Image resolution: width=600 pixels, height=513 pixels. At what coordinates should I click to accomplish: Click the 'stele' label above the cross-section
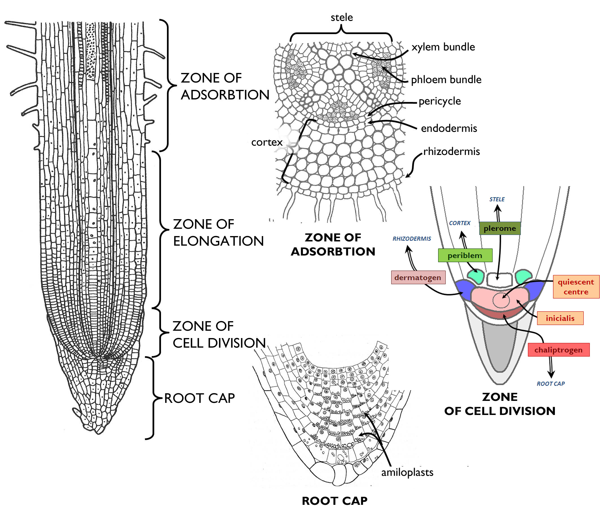(342, 18)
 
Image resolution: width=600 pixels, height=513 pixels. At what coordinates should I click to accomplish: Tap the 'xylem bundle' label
(443, 47)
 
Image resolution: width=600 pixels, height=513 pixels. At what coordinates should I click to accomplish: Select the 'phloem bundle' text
(446, 79)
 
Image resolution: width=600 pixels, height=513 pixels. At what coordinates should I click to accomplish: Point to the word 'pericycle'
(440, 101)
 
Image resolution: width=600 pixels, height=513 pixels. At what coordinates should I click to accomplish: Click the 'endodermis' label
(449, 128)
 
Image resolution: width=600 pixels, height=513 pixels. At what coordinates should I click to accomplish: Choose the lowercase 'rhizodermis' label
(451, 151)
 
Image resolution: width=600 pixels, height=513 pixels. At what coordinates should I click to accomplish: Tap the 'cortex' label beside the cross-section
(267, 142)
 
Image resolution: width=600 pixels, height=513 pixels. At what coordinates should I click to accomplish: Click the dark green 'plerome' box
(500, 228)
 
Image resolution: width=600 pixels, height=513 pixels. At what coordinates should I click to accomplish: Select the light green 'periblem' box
(465, 255)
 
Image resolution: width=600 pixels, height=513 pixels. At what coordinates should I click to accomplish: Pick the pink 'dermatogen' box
(418, 277)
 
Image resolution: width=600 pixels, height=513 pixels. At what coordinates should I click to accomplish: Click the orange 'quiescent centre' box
(576, 287)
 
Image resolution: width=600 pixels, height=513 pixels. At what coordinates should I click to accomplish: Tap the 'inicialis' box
(560, 318)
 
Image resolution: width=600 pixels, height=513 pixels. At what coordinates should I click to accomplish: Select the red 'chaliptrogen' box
(558, 350)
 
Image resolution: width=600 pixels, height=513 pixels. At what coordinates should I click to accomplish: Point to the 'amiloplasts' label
(407, 472)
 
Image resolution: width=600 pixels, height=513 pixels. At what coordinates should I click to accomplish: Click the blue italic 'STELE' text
(497, 199)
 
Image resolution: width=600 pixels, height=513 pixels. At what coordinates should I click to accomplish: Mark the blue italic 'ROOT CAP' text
(550, 384)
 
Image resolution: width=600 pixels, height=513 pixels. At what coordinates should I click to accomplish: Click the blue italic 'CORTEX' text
(460, 223)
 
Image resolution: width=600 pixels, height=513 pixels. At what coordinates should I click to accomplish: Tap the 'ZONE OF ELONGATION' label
(218, 232)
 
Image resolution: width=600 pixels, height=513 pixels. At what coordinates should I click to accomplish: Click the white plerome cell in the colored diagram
(499, 280)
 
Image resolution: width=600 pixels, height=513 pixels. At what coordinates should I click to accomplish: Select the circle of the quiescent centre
(501, 300)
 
